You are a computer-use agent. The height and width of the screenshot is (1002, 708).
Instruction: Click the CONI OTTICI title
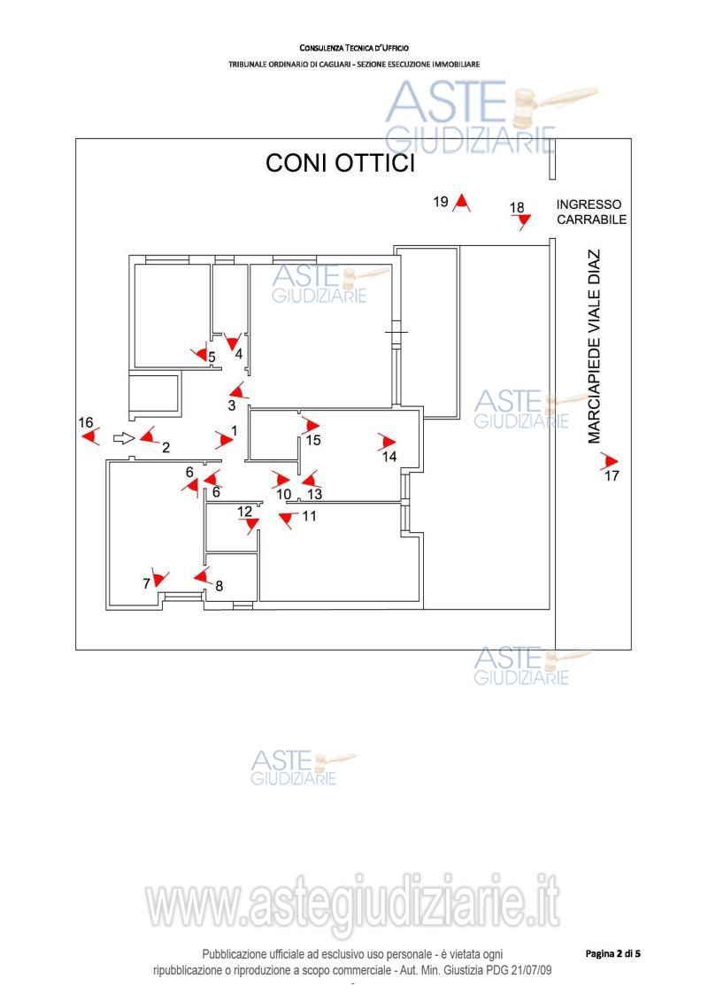[x=341, y=164]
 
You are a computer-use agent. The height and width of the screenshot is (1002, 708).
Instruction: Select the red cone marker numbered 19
[x=461, y=204]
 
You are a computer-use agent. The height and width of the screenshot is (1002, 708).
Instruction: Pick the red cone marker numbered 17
[x=608, y=461]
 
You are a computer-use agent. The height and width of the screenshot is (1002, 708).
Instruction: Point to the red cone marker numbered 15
[x=310, y=426]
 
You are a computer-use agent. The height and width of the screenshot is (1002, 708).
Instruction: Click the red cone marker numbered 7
[x=159, y=579]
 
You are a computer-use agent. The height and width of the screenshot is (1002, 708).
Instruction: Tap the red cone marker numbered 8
[x=202, y=577]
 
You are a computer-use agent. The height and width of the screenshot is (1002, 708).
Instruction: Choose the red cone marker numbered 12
[x=251, y=524]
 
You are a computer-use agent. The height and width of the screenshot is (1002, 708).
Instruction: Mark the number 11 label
[x=309, y=516]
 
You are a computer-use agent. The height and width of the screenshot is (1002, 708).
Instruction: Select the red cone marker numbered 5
[x=202, y=354]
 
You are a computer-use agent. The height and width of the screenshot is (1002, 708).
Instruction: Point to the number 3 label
[x=231, y=405]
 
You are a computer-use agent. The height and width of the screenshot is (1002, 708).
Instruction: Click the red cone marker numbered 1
[x=222, y=439]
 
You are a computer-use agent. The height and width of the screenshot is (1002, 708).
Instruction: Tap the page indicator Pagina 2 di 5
[x=612, y=953]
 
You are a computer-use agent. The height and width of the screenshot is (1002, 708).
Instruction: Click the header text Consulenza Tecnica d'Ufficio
[x=354, y=47]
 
